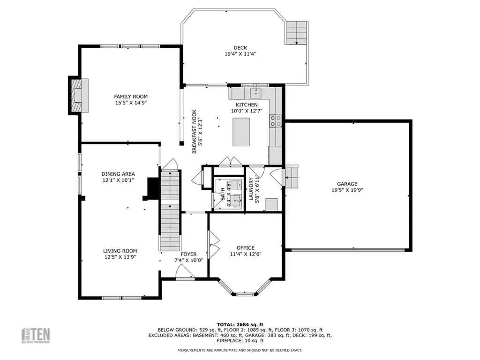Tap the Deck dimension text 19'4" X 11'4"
(240, 54)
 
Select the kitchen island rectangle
(242, 132)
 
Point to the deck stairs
(296, 33)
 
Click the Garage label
(347, 184)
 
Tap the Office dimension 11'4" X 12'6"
(245, 254)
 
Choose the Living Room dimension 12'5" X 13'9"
(120, 257)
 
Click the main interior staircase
(170, 211)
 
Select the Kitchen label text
(246, 105)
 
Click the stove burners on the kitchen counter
(275, 121)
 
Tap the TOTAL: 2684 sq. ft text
(240, 324)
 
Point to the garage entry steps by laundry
(292, 176)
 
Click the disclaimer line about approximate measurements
(240, 350)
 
